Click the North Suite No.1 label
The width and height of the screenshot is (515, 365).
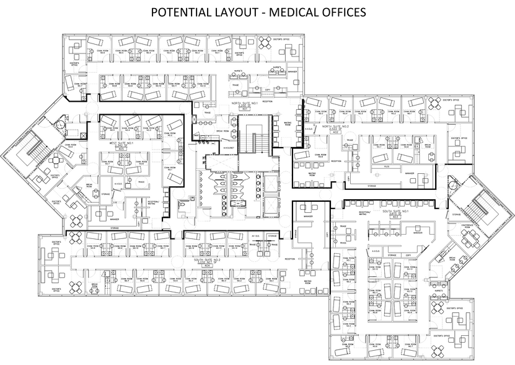pos(244,104)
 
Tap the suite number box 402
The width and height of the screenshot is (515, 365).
pos(335,133)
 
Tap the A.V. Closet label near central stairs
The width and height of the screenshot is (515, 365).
pos(228,148)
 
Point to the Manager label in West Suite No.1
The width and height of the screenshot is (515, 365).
pos(115,219)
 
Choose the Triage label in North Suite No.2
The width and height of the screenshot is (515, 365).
pos(350,141)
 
